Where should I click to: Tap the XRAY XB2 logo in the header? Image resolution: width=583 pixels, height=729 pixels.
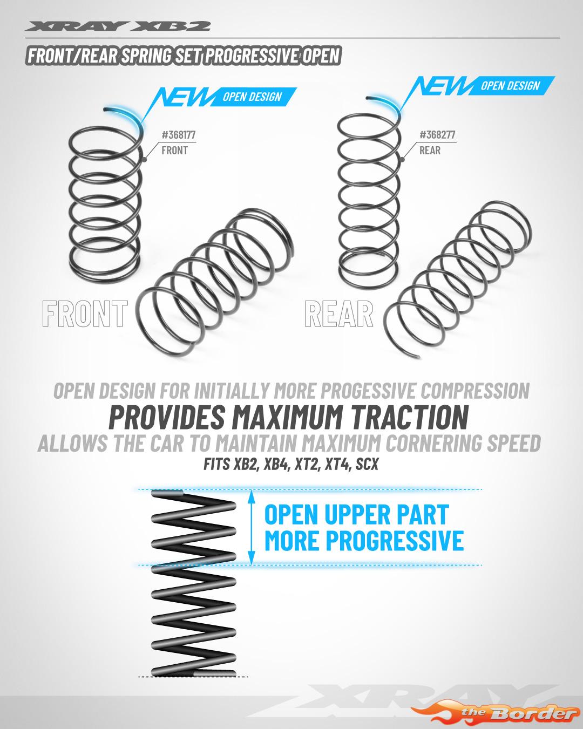[x=117, y=26]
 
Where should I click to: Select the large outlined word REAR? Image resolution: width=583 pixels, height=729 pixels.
[x=339, y=314]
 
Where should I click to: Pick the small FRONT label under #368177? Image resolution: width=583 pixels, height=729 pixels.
[x=174, y=150]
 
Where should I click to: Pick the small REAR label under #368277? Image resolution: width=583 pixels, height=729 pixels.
[x=430, y=150]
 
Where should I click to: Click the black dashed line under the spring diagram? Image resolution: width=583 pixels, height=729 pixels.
[x=193, y=677]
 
